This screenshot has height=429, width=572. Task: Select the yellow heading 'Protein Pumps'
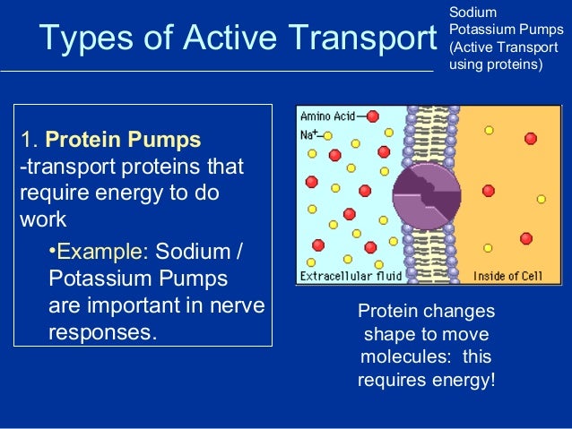(123, 141)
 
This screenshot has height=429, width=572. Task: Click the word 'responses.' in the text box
(102, 332)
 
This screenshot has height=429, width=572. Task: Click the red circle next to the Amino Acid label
(372, 116)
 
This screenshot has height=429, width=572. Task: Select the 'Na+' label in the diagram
(310, 134)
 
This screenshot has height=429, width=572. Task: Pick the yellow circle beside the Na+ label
(329, 135)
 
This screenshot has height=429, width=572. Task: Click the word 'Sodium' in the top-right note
(466, 12)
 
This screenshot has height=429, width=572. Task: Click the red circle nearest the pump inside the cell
(488, 191)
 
